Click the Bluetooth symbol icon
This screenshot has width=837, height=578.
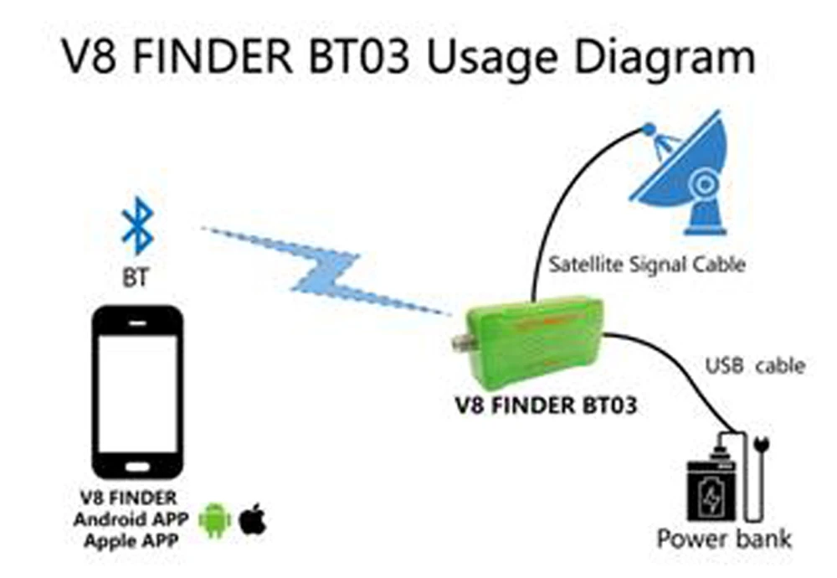coord(136,226)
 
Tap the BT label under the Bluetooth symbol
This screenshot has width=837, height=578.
coord(136,277)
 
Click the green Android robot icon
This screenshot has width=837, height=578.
coord(214,520)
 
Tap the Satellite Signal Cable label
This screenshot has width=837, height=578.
coord(647,266)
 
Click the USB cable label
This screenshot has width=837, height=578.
coord(754,366)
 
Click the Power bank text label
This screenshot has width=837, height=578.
coord(723,538)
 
